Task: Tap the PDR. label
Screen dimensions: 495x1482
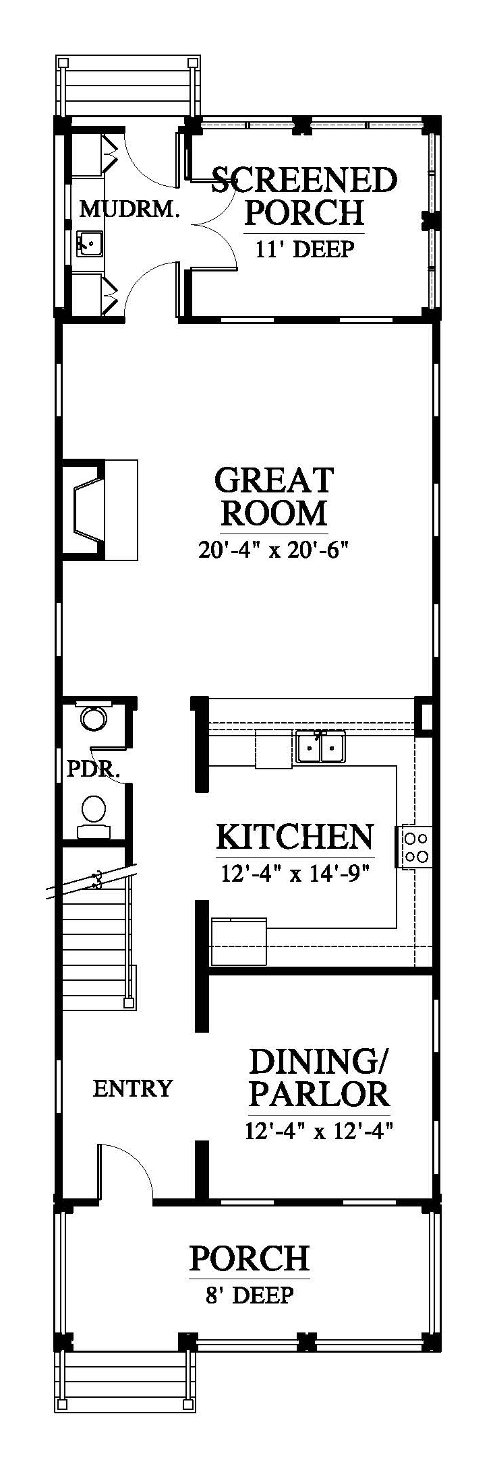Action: click(x=94, y=769)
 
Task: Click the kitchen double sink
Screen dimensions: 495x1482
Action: click(x=320, y=747)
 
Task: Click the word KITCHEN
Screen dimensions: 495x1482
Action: click(x=295, y=837)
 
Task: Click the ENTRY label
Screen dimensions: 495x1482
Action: click(x=132, y=1089)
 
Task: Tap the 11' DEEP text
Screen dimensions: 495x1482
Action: click(x=304, y=249)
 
